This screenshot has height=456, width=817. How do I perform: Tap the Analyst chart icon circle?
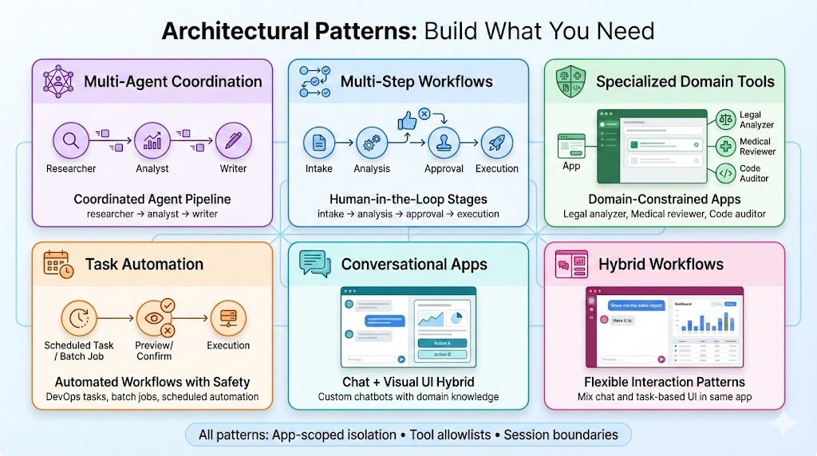click(152, 141)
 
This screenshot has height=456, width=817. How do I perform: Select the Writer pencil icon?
click(233, 141)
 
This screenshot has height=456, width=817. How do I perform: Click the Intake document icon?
click(318, 143)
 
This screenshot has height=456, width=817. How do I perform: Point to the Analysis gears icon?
click(372, 143)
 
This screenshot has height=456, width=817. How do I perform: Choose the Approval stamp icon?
click(444, 143)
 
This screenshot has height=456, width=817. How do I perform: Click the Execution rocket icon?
click(497, 143)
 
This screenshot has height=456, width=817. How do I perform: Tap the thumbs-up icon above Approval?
click(408, 120)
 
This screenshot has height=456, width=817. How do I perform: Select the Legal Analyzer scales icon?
click(727, 120)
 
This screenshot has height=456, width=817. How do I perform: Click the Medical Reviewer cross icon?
click(727, 146)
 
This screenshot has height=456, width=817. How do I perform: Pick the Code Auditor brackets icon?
click(727, 173)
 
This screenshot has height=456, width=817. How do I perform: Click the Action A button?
click(441, 343)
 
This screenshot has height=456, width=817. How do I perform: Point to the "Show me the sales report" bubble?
click(636, 305)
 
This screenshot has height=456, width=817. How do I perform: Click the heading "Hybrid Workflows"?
click(661, 264)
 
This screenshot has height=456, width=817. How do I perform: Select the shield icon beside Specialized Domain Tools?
click(570, 81)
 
